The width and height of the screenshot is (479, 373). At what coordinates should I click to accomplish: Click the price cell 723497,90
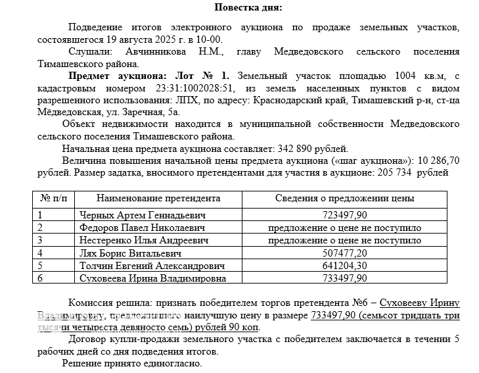345,215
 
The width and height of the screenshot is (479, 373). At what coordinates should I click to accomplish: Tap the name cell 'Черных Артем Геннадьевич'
143,215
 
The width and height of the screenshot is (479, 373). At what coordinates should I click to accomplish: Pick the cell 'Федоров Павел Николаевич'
142,228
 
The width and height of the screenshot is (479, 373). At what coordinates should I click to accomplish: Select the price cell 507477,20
345,253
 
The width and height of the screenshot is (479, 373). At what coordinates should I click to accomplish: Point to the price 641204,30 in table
345,265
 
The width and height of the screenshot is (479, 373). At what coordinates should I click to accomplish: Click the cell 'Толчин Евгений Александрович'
151,265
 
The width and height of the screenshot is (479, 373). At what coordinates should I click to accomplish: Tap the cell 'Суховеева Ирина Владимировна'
152,278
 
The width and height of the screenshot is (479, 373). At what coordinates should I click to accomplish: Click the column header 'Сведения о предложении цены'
344,198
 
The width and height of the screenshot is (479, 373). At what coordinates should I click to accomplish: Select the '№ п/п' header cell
55,198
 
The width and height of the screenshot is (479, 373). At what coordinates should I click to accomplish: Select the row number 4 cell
41,253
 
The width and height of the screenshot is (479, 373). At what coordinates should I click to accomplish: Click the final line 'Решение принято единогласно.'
131,364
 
